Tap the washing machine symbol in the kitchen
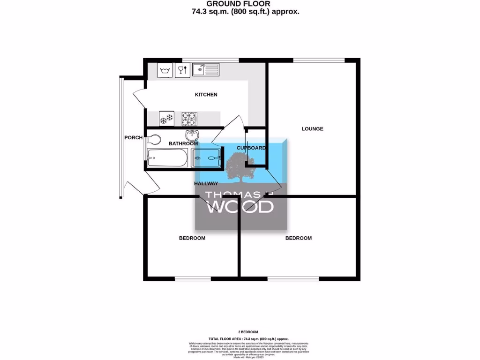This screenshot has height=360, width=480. click(164, 71)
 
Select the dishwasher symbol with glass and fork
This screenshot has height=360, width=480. click(182, 71)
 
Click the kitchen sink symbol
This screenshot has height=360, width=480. click(205, 70)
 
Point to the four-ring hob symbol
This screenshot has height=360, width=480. click(189, 119)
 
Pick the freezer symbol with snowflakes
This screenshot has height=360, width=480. click(166, 119)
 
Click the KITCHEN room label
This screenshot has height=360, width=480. click(206, 95)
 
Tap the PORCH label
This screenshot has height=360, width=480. click(133, 138)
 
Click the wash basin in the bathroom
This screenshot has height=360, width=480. click(193, 135)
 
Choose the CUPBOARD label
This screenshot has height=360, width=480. click(251, 148)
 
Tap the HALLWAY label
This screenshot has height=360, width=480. click(206, 184)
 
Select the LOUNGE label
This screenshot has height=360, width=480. click(312, 128)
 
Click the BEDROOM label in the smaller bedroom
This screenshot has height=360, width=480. click(192, 238)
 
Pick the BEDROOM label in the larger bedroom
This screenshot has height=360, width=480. click(299, 238)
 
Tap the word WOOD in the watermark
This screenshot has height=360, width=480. click(240, 207)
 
